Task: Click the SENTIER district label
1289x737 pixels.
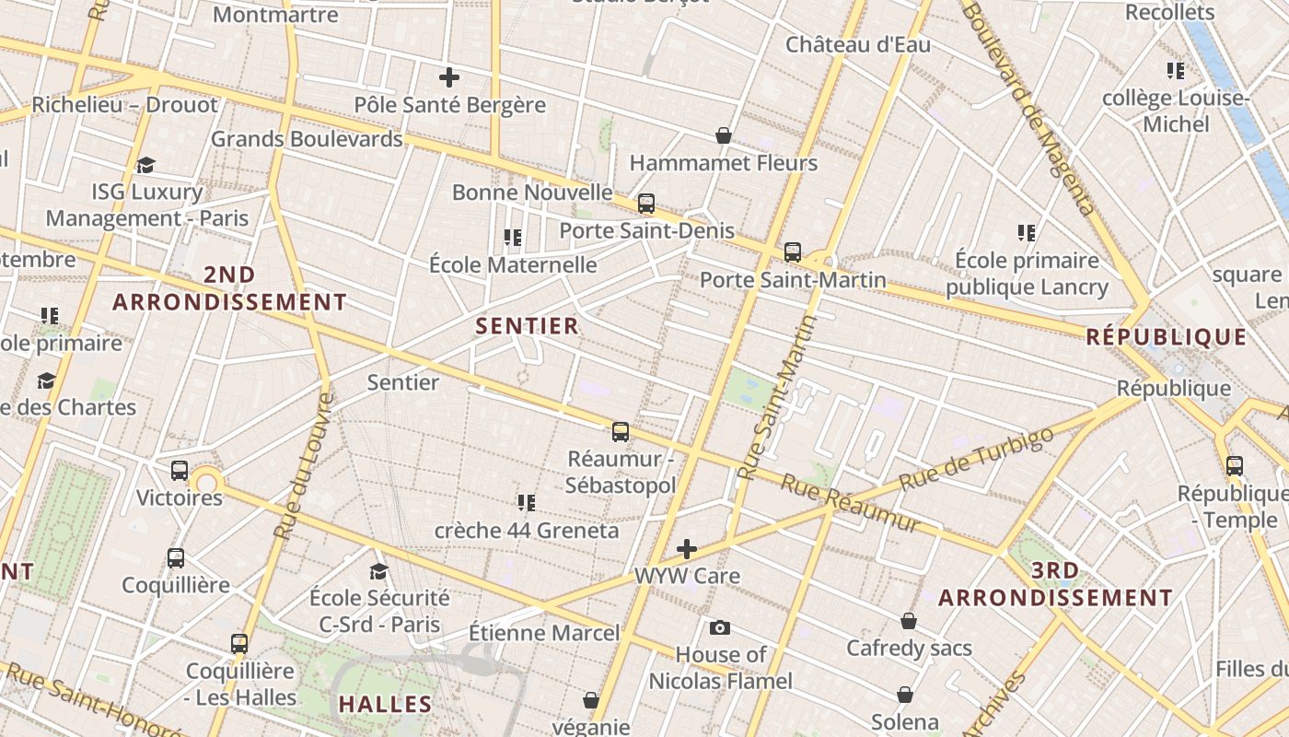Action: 527,326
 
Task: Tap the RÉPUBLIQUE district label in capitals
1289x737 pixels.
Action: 1167,337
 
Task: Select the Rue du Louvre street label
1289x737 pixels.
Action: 303,466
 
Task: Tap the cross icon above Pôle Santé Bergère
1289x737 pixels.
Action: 449,77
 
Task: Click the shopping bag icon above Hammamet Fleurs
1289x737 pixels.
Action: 724,136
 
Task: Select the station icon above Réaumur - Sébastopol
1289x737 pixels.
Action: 621,431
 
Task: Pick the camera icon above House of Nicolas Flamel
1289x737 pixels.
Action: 720,627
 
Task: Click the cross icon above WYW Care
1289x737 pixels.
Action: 687,550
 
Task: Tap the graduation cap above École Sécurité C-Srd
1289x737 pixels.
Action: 378,572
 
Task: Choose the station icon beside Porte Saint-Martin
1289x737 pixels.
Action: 793,252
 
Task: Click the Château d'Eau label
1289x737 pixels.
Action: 858,44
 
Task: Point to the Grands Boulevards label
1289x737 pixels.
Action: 307,139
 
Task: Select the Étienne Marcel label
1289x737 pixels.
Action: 544,634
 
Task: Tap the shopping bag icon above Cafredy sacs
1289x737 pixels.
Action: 909,621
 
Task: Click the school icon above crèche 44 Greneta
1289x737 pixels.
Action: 527,503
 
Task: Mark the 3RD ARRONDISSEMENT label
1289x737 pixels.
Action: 1055,584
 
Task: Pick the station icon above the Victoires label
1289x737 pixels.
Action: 180,471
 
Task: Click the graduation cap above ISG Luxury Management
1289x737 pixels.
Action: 146,165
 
